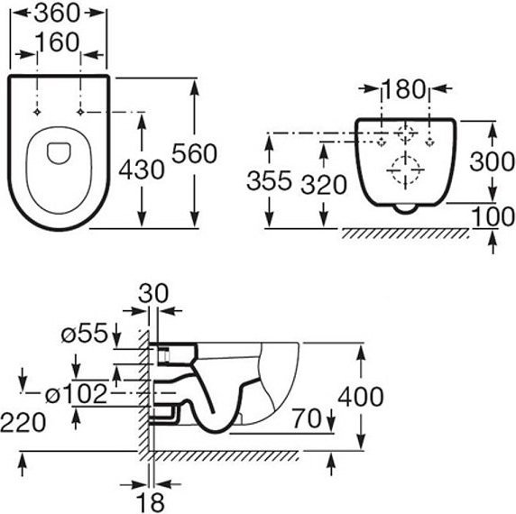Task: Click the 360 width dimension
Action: click(57, 14)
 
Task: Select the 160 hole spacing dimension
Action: click(57, 42)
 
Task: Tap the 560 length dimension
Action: click(195, 153)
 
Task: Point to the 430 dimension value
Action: click(142, 170)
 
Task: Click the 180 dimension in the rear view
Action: click(404, 89)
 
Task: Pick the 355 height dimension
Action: click(269, 180)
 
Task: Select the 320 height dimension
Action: click(324, 185)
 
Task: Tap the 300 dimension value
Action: click(493, 162)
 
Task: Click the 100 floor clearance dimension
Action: click(493, 216)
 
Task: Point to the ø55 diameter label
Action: click(85, 333)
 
